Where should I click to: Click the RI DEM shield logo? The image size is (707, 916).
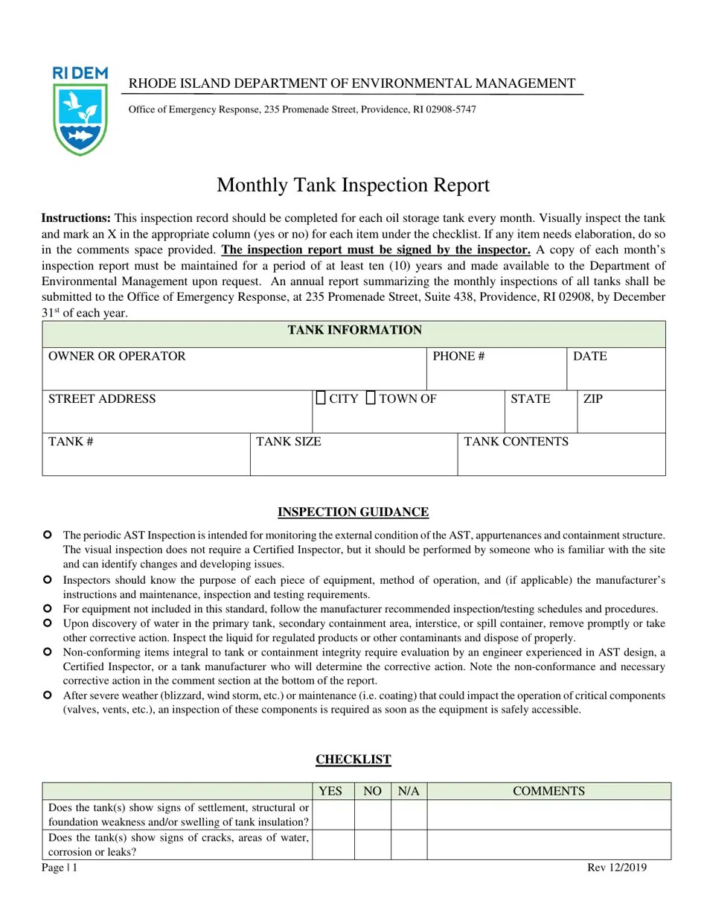[x=80, y=112]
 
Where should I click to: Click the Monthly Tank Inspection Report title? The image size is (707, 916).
[x=353, y=185]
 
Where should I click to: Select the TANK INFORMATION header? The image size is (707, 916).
[x=354, y=331]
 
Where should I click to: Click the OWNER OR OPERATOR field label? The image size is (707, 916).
[x=117, y=357]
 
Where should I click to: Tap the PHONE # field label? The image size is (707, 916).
[x=458, y=357]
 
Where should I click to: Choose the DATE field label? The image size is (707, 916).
[x=590, y=357]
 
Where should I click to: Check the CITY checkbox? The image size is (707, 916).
[x=320, y=398]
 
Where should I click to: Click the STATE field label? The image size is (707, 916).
[x=530, y=399]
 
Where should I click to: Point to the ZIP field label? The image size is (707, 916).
[x=592, y=399]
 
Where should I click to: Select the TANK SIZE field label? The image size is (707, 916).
[x=289, y=442]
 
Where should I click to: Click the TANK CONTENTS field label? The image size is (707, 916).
[x=516, y=442]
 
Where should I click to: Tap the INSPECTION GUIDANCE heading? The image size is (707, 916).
[x=353, y=512]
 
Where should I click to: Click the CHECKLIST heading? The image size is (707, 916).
[x=353, y=760]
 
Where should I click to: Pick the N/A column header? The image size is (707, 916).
[x=409, y=792]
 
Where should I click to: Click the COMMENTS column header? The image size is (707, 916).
[x=548, y=792]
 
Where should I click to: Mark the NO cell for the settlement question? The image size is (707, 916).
[x=371, y=815]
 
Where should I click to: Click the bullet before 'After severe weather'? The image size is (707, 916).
[x=47, y=695]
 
